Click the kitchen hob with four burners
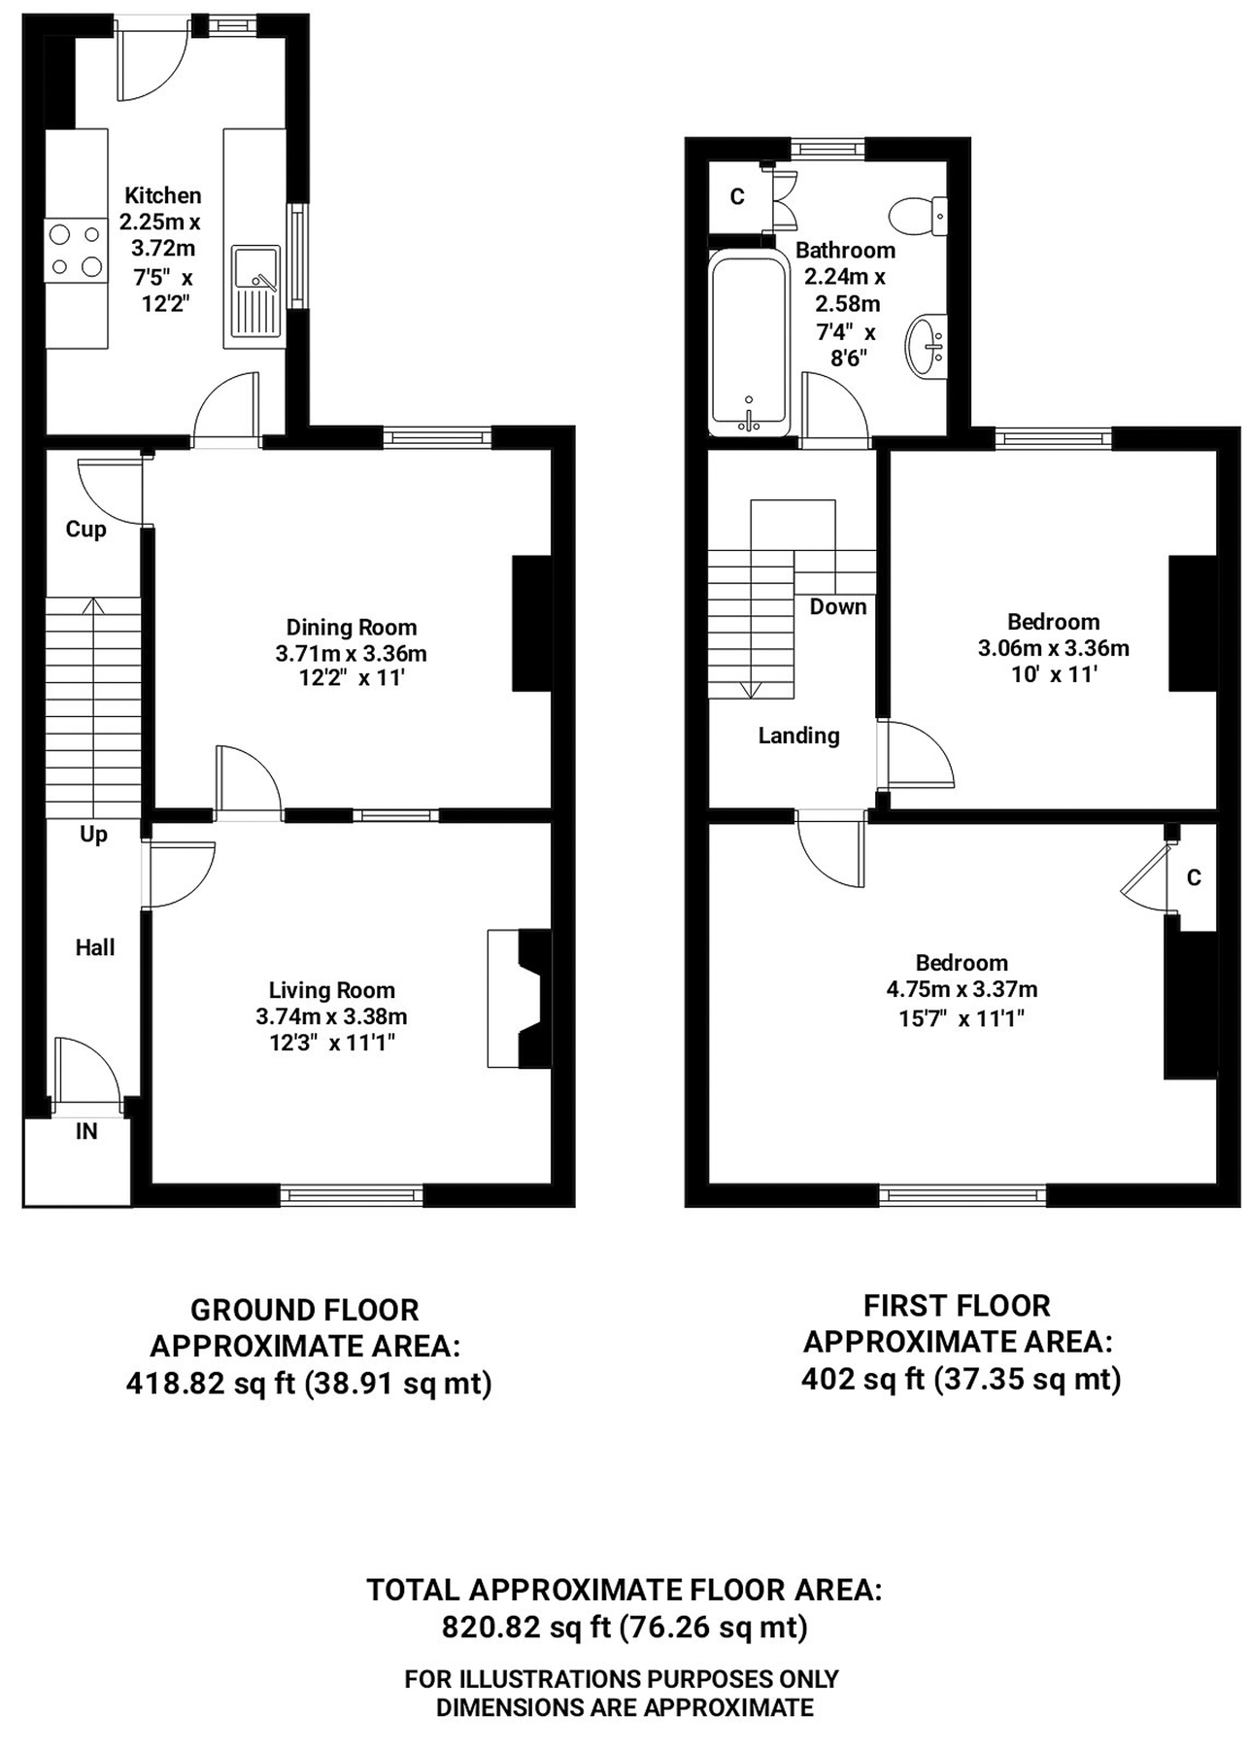coord(76,250)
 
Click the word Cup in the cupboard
coord(85,530)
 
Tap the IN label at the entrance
coord(86,1131)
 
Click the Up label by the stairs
coord(93,835)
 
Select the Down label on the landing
coord(838,607)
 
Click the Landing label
coord(798,737)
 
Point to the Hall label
coord(95,947)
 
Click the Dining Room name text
coord(352,628)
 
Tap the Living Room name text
coord(332,991)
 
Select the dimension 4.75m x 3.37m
coord(962,990)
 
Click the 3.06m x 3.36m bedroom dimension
coord(1054,648)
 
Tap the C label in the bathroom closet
coord(737,197)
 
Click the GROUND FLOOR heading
coord(305,1310)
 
